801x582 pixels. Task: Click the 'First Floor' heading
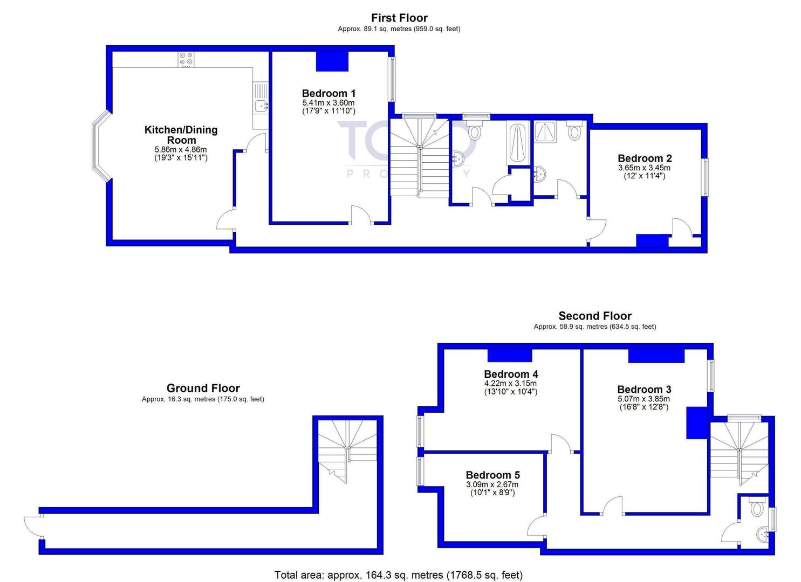coord(399,18)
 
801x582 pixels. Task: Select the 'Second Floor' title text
coord(594,316)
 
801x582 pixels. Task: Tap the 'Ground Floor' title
coord(203,388)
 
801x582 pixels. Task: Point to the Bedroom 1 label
coord(328,93)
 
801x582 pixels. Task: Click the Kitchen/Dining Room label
coord(181,135)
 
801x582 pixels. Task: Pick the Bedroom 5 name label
coord(492,475)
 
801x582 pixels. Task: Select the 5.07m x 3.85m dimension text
coord(643,399)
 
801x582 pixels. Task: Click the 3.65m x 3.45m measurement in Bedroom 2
coord(644,168)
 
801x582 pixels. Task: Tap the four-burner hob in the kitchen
coord(186,59)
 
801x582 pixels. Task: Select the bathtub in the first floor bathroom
coord(516,143)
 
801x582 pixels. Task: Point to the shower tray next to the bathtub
coord(545,131)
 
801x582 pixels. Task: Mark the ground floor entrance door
coord(32,526)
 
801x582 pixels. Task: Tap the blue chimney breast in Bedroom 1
coord(332,61)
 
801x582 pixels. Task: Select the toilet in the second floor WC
coord(757,507)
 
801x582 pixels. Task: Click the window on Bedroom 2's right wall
coord(705,177)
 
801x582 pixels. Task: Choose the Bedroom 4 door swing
coord(560,442)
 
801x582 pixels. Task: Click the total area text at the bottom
coord(398,575)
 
